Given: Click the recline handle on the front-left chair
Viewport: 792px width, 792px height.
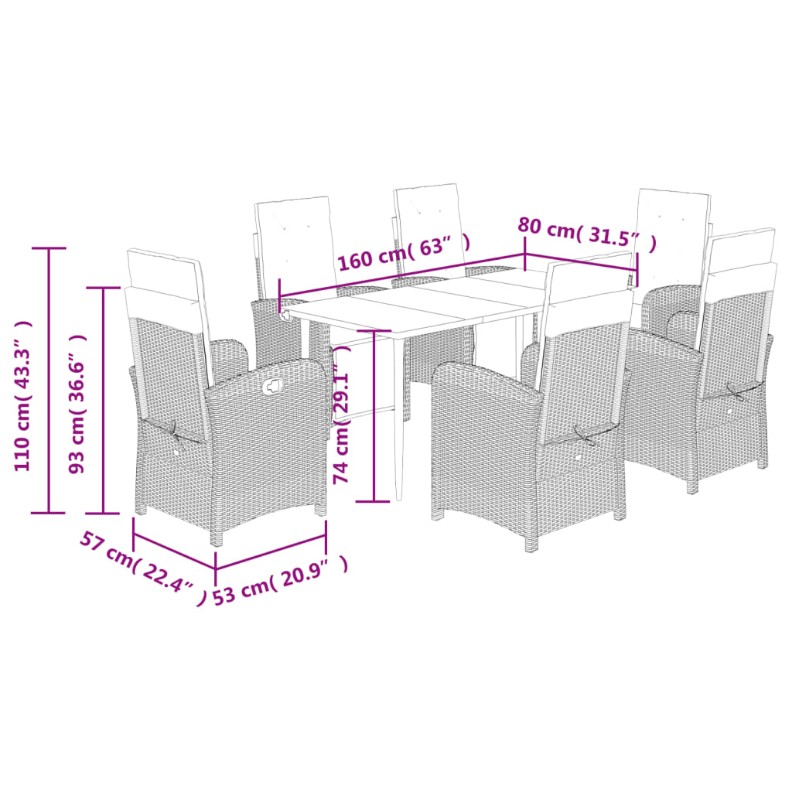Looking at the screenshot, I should pos(273,387).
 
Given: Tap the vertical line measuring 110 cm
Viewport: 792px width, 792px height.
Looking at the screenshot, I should pos(49,379).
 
